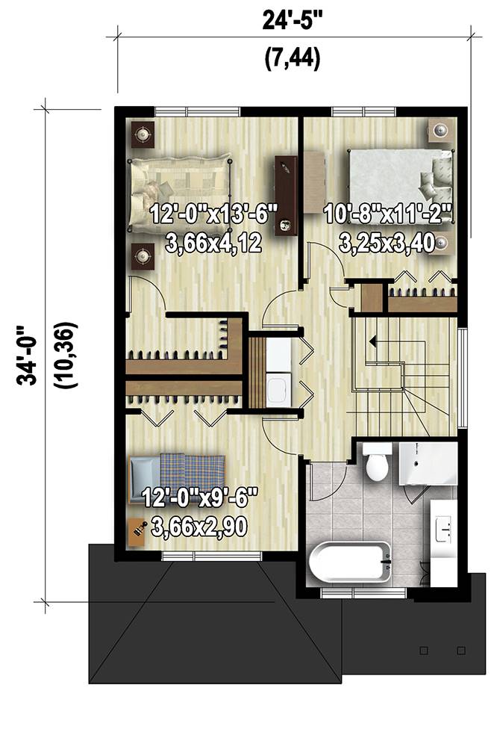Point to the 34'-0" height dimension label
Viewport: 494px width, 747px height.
pos(27,356)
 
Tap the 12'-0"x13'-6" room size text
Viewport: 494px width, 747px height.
pos(213,214)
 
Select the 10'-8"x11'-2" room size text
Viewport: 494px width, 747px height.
pos(388,214)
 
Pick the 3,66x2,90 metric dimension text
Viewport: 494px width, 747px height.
pos(199,527)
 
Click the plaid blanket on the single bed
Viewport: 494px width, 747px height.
pos(193,474)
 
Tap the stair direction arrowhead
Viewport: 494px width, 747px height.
pos(372,341)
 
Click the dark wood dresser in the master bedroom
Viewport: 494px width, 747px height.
pos(286,196)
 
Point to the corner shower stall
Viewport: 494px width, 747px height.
pos(428,463)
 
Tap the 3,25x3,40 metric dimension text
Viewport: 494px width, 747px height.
pos(388,243)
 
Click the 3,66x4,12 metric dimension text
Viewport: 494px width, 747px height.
pos(213,243)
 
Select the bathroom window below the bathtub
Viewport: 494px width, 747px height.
pos(363,592)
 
